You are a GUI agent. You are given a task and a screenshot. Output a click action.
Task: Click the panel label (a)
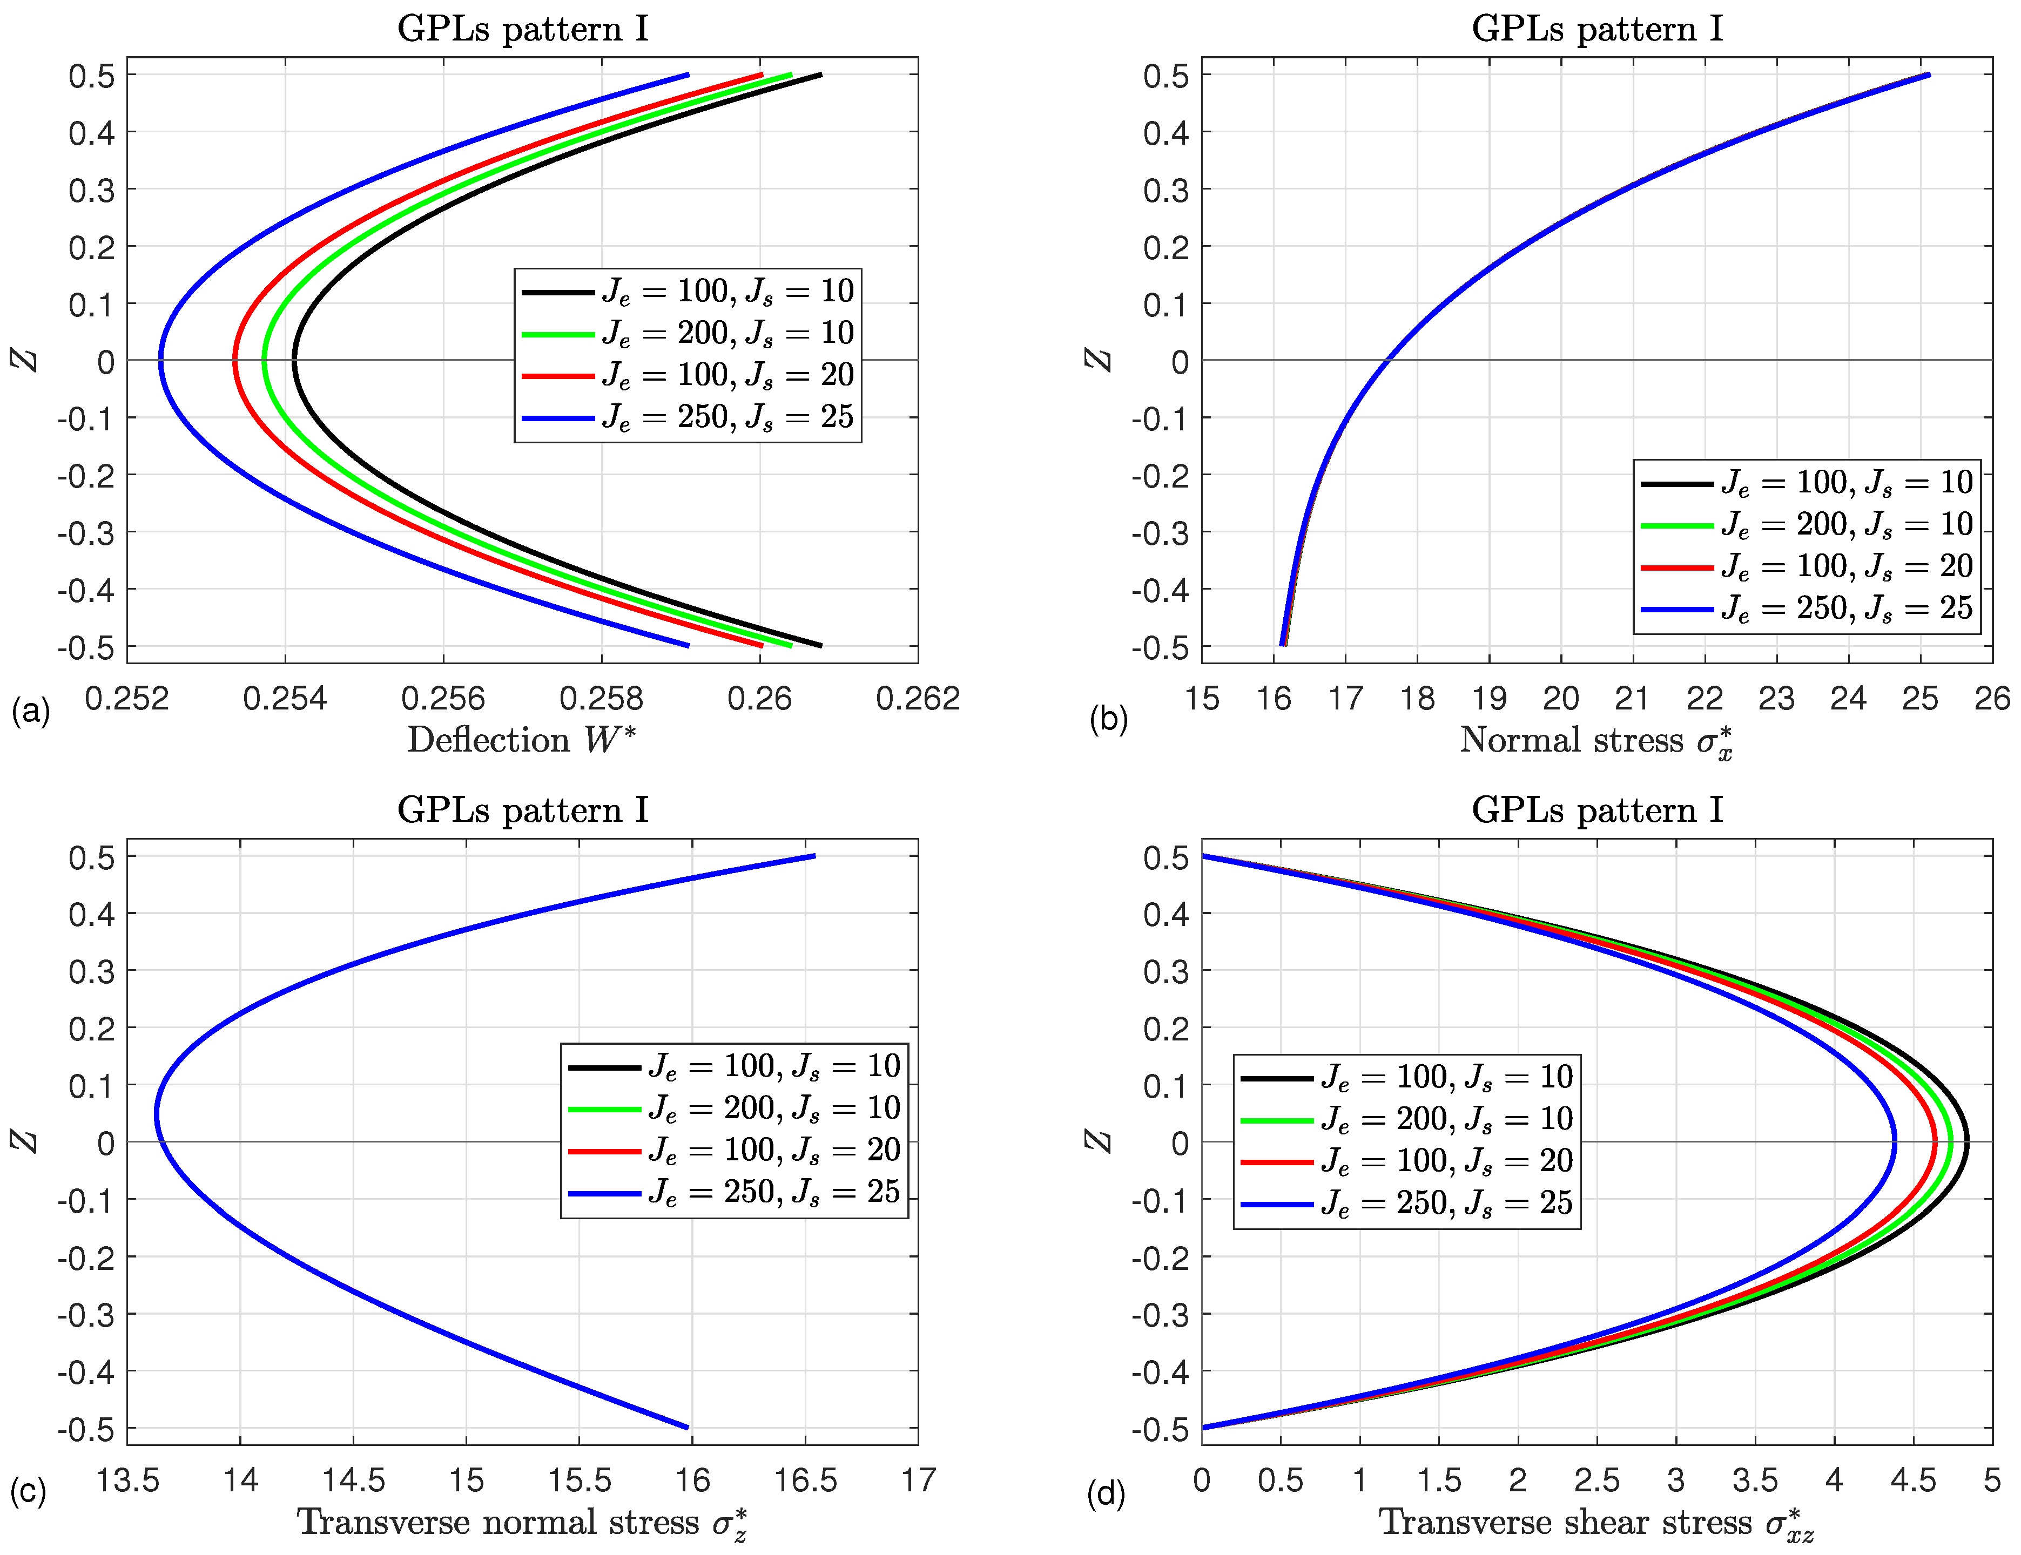point(31,712)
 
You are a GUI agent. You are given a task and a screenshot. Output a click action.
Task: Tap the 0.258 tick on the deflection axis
point(602,699)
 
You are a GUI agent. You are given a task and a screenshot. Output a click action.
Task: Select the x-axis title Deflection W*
point(522,740)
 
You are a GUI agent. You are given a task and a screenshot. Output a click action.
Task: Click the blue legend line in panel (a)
point(558,418)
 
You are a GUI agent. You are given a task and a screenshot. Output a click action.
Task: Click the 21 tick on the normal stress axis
point(1632,699)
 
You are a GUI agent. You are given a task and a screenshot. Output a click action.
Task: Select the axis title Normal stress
point(1596,741)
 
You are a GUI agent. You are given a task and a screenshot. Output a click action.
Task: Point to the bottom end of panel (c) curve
point(688,1428)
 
